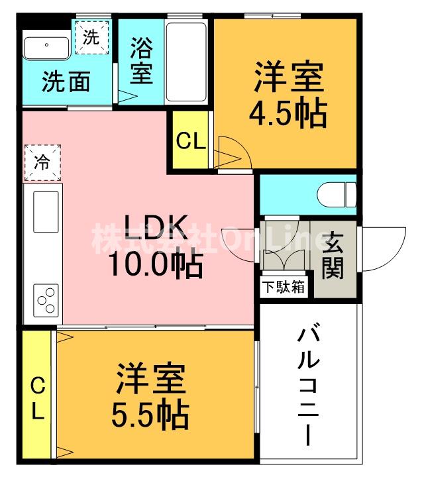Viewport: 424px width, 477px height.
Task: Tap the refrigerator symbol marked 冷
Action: (42, 161)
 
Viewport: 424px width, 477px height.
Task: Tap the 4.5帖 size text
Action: (288, 115)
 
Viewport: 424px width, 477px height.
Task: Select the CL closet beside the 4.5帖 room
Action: (191, 140)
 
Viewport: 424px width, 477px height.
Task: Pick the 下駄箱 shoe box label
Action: (284, 288)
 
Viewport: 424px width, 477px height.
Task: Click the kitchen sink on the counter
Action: (44, 212)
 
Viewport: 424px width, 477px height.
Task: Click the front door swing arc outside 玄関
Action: (384, 248)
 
